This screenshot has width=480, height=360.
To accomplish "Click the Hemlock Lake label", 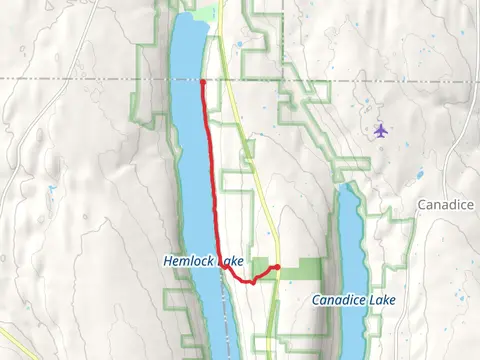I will (203, 261).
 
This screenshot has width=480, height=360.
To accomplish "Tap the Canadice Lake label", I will (353, 299).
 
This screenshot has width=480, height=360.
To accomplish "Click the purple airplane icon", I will (380, 130).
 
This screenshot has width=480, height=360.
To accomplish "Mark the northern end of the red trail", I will (202, 81).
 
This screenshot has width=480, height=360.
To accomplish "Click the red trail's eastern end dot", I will (276, 267).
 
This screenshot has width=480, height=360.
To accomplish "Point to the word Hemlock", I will (187, 261).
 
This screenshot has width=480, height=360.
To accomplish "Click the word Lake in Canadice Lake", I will (380, 299).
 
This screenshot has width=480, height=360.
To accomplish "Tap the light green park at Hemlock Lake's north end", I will (204, 14).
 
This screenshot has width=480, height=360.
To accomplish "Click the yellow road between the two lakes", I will (262, 200).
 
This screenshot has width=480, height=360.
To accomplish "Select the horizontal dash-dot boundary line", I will (80, 78).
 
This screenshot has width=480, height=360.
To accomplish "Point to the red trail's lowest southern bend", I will (252, 282).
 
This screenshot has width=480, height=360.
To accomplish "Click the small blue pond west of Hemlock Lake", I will (50, 187).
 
